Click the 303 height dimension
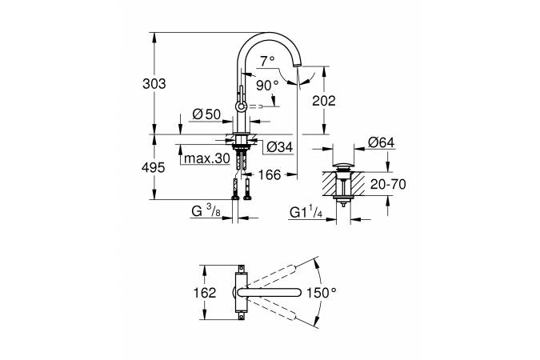154,84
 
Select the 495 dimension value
154,168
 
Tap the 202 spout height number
324,101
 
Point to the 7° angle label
267,61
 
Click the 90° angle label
267,85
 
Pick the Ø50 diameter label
206,114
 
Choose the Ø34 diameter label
280,147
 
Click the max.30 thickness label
207,158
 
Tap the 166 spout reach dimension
270,174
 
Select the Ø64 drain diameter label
382,142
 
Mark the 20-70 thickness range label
388,184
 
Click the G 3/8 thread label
206,211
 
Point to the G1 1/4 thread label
306,212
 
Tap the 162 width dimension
205,293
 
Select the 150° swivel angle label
322,293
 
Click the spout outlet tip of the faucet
297,66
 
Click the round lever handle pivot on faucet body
240,106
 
